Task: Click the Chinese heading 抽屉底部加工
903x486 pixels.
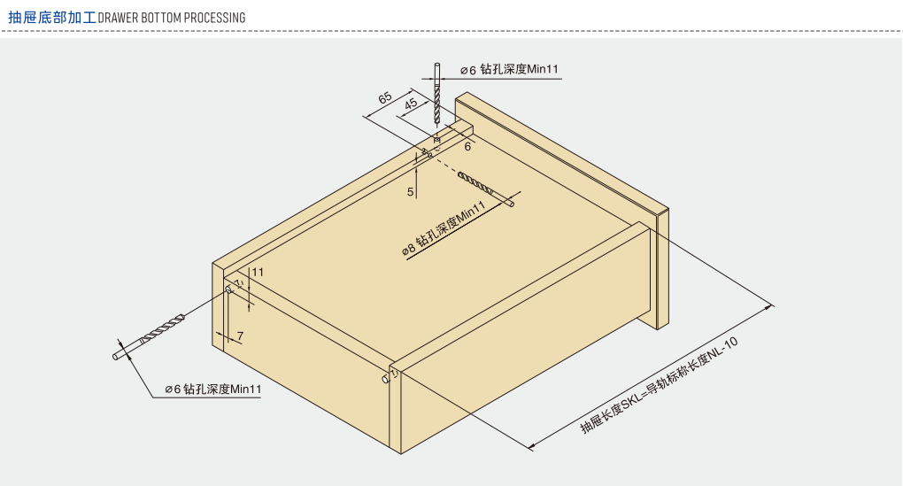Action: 52,18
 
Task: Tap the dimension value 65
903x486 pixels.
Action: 385,97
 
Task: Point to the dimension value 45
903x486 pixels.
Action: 411,104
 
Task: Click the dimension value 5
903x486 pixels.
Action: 410,192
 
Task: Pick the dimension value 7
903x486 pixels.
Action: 240,336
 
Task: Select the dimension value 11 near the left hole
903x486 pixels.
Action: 258,272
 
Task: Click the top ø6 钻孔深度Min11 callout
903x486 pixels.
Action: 510,70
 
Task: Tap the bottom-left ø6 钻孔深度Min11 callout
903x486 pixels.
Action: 213,390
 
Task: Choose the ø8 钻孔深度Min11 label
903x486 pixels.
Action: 444,228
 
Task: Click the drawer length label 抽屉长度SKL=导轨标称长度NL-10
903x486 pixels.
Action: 660,385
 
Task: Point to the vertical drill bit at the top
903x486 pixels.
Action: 436,95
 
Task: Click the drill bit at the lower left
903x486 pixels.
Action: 149,337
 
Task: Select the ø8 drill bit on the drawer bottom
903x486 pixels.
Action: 486,189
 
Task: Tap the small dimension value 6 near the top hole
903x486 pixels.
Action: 467,147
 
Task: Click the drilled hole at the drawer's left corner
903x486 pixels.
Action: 228,289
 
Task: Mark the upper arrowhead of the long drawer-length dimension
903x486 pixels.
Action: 768,309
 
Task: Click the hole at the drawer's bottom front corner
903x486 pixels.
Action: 386,378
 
